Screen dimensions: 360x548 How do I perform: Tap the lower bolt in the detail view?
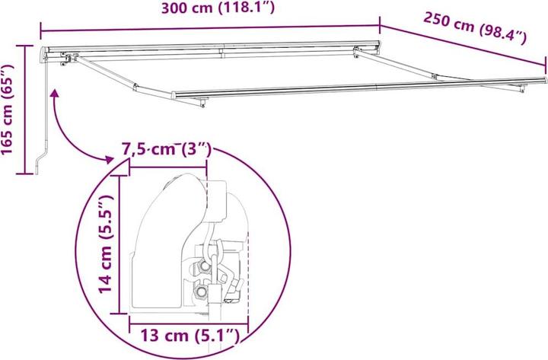click(201, 292)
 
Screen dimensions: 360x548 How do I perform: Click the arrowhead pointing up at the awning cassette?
click(55, 93)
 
